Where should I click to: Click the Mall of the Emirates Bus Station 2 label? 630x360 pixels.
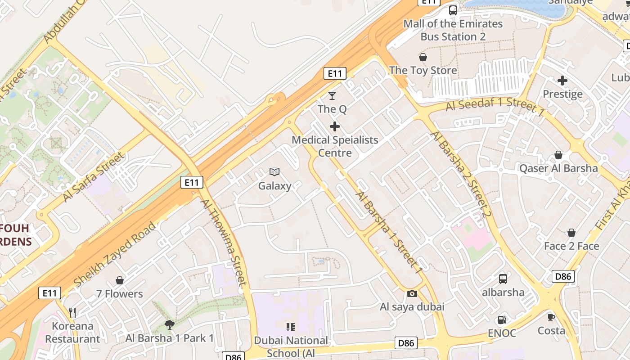453,30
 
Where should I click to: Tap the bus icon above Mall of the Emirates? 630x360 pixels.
453,10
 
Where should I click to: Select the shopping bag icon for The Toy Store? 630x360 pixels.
423,57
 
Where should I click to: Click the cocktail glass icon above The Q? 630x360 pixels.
332,95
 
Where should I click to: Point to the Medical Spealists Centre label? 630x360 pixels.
335,146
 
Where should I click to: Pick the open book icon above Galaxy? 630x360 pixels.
274,172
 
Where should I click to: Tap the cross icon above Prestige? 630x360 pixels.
562,81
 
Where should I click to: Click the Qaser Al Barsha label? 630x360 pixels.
558,169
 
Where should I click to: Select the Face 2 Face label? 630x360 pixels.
571,246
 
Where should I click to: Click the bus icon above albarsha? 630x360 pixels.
503,279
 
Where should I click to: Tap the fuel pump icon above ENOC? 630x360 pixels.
502,320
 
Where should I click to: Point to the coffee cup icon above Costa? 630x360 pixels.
551,317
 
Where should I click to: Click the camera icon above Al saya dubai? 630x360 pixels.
412,294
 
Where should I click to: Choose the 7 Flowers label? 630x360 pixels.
119,294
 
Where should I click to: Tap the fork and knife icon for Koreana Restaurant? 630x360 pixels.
72,312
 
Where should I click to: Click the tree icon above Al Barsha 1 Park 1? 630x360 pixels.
170,324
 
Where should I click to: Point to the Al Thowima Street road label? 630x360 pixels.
224,242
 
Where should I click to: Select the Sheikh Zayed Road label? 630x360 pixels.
115,254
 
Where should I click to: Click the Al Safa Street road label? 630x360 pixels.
93,177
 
